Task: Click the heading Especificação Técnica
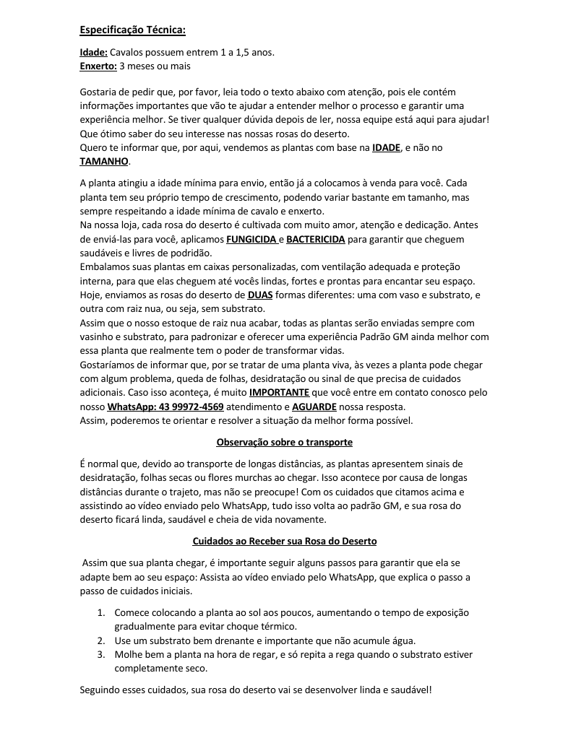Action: tap(132, 30)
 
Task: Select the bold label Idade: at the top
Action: tap(93, 53)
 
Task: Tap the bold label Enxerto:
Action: tap(98, 66)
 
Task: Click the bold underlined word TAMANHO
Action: tap(103, 161)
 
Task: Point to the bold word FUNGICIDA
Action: tap(251, 239)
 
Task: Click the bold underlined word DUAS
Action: tap(260, 295)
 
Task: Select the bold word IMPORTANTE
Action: tap(279, 392)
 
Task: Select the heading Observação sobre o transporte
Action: tap(284, 442)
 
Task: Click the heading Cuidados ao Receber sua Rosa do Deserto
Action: tap(284, 541)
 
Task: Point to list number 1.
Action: tap(101, 612)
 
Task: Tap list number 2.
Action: tap(101, 640)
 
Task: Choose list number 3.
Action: tap(101, 654)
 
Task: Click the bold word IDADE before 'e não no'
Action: tap(386, 147)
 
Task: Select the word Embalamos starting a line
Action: tap(104, 266)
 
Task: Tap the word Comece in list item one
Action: tap(132, 612)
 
